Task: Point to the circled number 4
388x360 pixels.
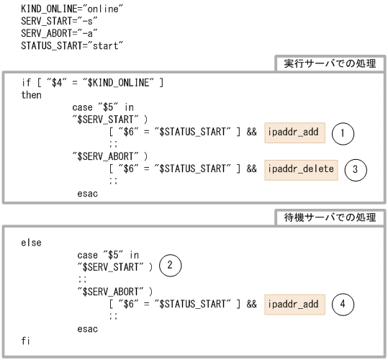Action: coord(343,304)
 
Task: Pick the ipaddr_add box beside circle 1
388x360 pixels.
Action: coord(294,132)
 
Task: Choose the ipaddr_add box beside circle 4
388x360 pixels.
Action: coord(294,304)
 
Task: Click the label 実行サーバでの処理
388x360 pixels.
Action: coord(330,64)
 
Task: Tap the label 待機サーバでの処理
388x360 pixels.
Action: coord(330,217)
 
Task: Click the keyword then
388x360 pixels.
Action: coord(31,95)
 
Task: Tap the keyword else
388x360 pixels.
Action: coord(31,243)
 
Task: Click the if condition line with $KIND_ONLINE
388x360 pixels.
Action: coord(92,83)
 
